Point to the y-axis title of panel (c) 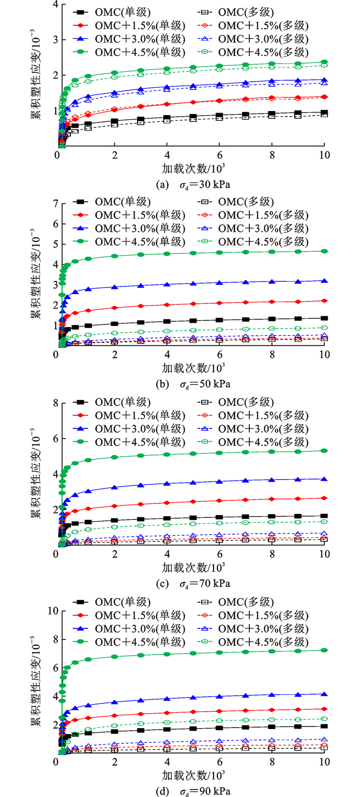[x=36, y=473]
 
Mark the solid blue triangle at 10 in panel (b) [x=323, y=280]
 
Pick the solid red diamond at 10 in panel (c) [x=323, y=498]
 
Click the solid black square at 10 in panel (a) [x=323, y=112]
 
